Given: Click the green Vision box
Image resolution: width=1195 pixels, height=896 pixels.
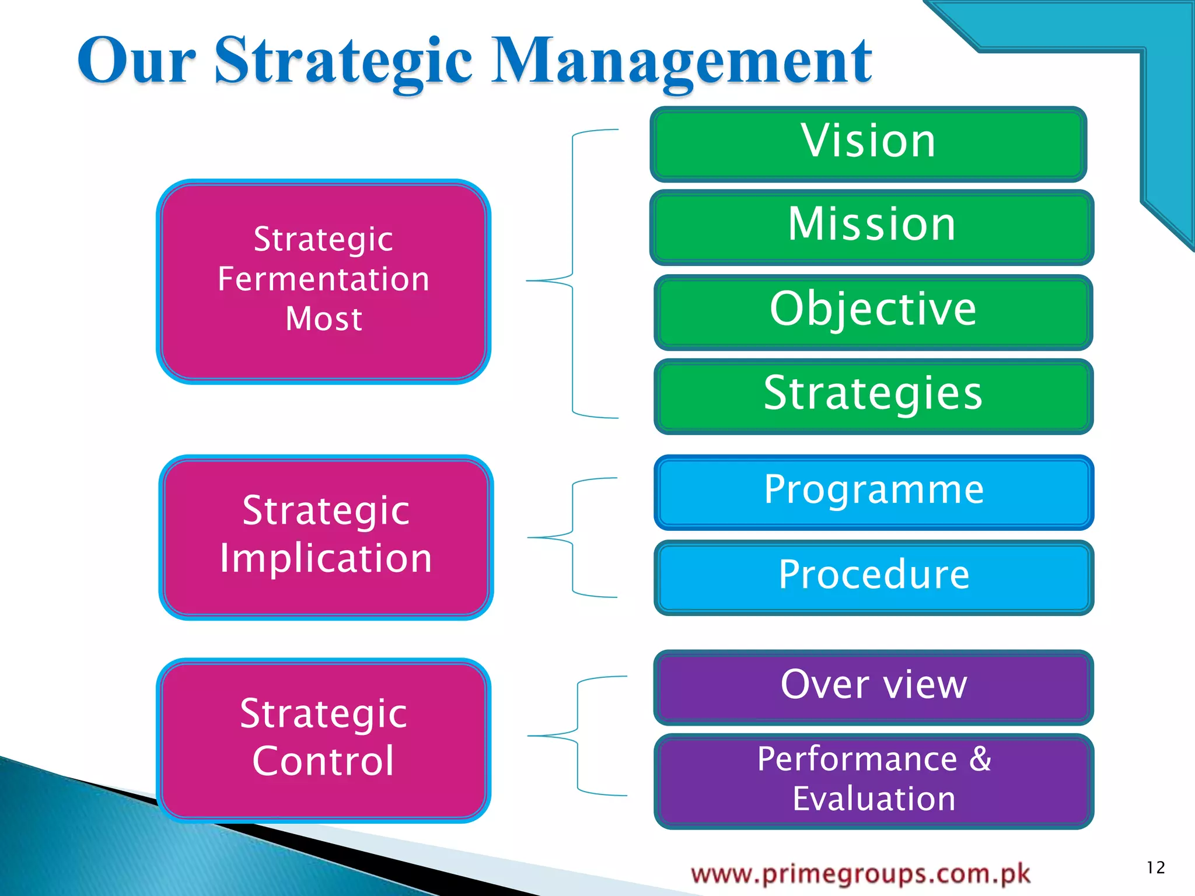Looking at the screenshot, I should coord(868,143).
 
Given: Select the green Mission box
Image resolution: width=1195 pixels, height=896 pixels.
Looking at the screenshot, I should coord(872,226).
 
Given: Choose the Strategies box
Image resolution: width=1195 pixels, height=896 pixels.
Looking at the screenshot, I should coord(873,395).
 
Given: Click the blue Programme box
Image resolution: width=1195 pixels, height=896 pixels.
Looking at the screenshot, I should coord(873,492).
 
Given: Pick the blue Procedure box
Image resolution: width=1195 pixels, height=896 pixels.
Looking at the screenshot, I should coord(873,576).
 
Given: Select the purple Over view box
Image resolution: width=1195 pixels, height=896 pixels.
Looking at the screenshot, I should coord(873,686).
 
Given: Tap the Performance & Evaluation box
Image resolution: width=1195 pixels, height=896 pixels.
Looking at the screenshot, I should coord(873,780).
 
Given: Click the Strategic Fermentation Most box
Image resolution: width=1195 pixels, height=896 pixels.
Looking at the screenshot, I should coord(323,281).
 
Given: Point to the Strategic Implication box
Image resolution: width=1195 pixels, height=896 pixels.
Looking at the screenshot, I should coord(326,536).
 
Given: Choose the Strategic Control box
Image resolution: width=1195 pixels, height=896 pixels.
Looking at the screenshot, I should coord(323,739).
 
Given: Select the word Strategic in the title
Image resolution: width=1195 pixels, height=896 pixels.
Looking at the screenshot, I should coord(343,61).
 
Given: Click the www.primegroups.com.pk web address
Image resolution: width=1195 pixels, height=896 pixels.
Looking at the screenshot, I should coord(861,874).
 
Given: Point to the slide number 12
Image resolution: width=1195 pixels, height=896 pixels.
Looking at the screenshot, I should coord(1155,867).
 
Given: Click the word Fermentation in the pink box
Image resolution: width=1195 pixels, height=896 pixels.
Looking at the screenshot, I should coord(323,279).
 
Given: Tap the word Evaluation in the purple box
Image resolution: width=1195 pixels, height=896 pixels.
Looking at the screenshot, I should coord(873,799).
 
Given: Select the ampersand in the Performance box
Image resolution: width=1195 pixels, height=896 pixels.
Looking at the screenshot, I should coord(980,759).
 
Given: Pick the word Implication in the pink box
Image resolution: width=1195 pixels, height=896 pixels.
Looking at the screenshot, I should coord(326,558).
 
